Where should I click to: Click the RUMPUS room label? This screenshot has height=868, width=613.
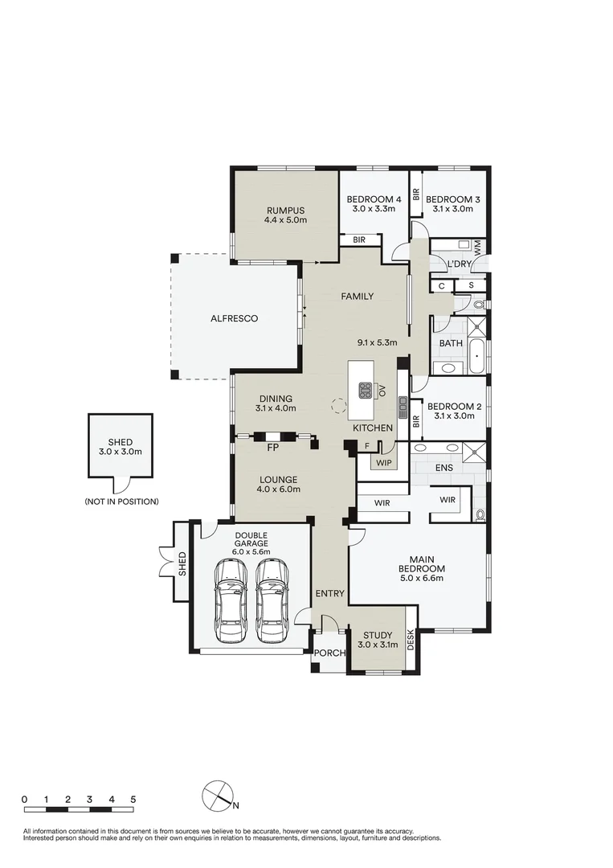287,211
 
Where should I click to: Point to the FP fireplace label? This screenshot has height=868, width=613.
273,447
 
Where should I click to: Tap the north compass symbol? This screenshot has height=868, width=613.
216,794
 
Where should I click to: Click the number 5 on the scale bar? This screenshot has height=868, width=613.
133,800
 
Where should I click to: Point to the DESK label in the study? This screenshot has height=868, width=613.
411,641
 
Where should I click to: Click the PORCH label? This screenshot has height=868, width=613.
329,653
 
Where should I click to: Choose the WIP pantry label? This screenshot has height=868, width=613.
382,462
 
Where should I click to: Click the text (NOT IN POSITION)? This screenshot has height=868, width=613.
121,502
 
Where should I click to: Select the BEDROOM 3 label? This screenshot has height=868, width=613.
452,199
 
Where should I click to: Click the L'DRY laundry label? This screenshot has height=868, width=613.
459,264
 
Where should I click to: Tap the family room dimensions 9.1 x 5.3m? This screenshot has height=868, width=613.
378,342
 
